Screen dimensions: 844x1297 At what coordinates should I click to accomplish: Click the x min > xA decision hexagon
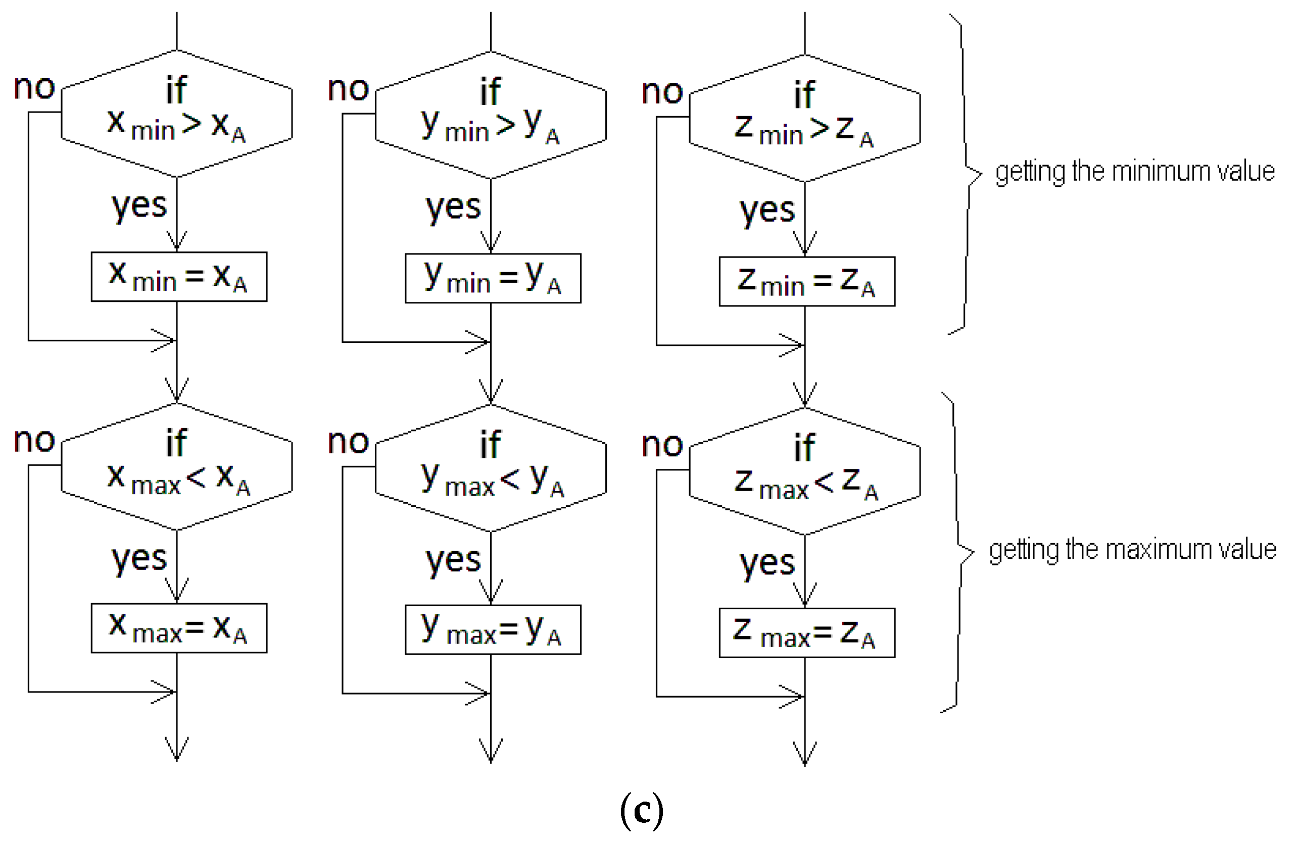(x=176, y=115)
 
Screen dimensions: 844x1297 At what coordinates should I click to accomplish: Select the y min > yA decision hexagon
(x=491, y=116)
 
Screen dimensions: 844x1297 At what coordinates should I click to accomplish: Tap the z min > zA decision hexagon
(x=805, y=119)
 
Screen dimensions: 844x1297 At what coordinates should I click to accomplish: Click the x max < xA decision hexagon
(x=176, y=467)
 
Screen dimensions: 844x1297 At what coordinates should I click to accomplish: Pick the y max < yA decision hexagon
(x=491, y=469)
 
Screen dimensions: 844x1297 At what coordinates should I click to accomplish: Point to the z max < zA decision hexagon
(x=805, y=471)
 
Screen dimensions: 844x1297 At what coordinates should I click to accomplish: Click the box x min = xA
(x=179, y=277)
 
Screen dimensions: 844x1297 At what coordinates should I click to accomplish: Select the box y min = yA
(x=493, y=278)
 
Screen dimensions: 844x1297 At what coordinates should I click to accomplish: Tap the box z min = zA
(x=807, y=282)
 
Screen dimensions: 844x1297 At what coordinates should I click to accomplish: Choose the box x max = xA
(x=179, y=628)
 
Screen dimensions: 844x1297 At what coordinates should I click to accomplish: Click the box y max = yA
(x=493, y=629)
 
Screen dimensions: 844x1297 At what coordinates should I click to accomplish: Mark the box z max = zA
(x=807, y=632)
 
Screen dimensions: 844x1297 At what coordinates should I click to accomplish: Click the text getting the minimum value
(x=1135, y=172)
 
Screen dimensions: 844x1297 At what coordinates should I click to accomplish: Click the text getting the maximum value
(x=1132, y=550)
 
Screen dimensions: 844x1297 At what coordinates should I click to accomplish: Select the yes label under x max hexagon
(x=139, y=559)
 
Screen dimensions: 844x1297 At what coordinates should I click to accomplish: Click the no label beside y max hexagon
(x=348, y=442)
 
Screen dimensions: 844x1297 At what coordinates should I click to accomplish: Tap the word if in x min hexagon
(x=176, y=90)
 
